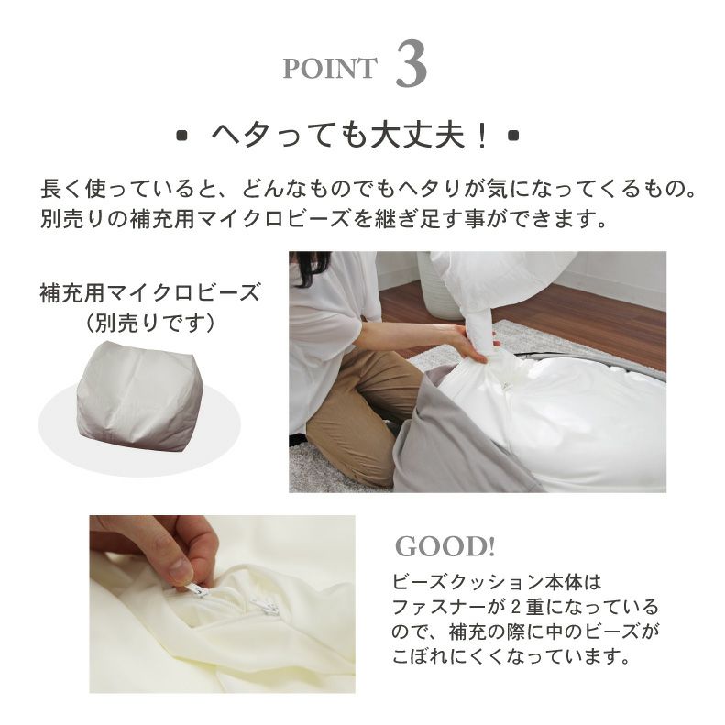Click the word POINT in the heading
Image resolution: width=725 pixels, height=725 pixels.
(x=330, y=69)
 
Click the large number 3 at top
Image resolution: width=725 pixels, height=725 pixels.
(x=411, y=65)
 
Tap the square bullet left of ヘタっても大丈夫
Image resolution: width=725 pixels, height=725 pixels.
(x=182, y=136)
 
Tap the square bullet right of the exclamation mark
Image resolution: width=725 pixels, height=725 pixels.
(x=513, y=136)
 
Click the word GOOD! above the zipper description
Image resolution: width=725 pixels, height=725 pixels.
(x=445, y=546)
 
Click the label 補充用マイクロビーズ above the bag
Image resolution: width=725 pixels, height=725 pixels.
(x=150, y=292)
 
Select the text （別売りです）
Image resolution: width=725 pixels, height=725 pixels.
(x=150, y=323)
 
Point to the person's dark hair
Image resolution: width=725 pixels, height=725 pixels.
(x=309, y=268)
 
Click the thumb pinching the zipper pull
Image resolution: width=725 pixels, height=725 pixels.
(x=180, y=571)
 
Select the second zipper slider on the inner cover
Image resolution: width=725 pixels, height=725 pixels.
(x=265, y=606)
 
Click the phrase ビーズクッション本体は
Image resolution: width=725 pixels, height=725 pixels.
(x=497, y=582)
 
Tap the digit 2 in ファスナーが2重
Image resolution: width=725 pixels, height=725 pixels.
(x=516, y=607)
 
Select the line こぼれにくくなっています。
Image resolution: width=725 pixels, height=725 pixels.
(x=511, y=655)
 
